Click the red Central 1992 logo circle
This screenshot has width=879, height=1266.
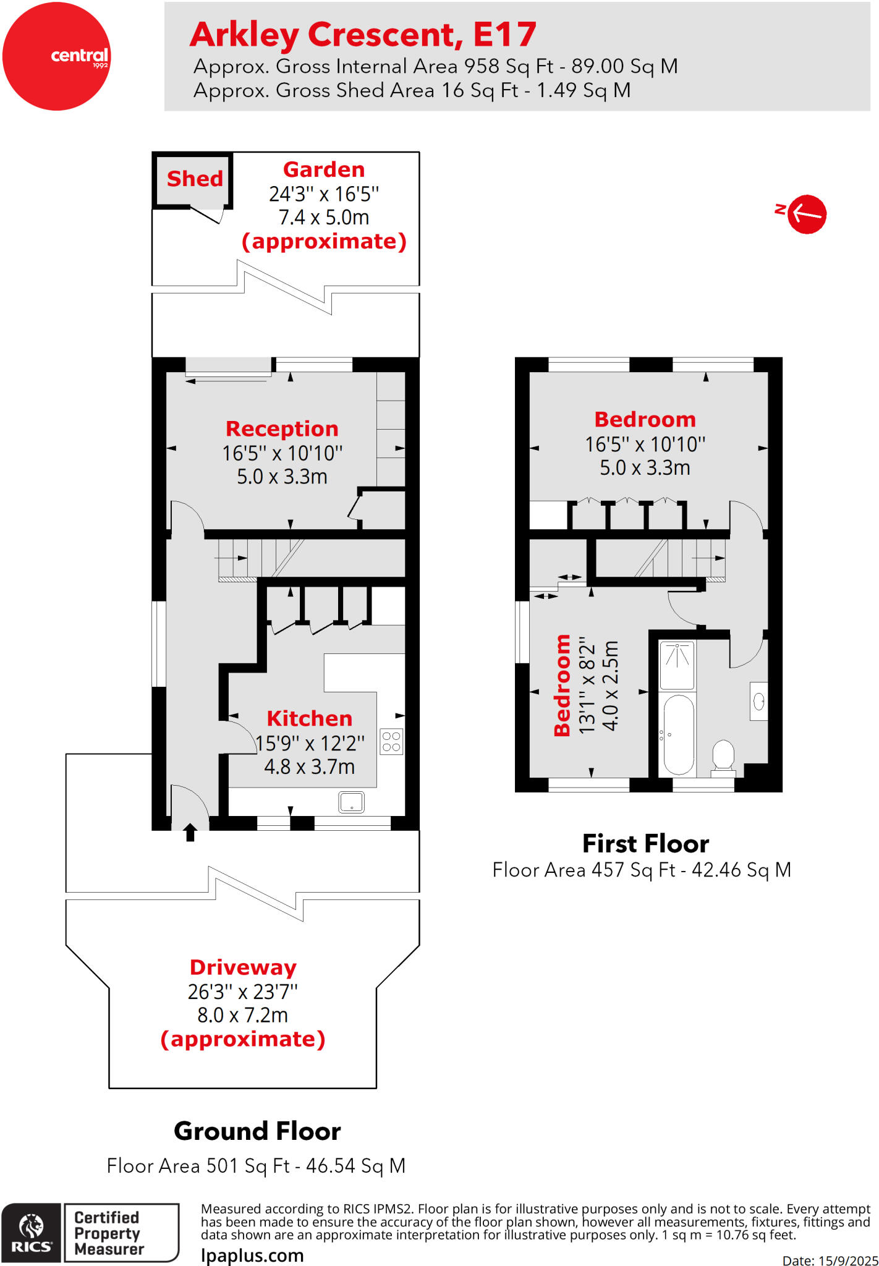tap(56, 56)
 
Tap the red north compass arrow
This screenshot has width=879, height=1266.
tap(806, 214)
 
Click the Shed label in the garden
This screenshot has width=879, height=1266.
tap(195, 179)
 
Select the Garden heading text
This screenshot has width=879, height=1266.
tap(323, 169)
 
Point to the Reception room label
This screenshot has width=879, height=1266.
tap(282, 428)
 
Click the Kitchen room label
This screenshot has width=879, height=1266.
tap(309, 718)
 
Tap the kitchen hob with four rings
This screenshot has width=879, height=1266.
tap(391, 742)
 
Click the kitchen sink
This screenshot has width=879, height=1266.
tap(351, 802)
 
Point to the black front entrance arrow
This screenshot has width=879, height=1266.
tap(190, 832)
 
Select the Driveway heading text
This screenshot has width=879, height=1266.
tap(243, 967)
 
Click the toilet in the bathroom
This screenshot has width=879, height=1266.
tap(723, 757)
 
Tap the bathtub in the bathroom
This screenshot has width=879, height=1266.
tap(678, 734)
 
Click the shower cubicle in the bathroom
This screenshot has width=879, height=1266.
tap(677, 665)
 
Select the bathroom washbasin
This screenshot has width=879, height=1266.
tap(759, 701)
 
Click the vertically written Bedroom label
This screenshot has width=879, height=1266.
tap(562, 685)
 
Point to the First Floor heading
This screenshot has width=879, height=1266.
tap(645, 843)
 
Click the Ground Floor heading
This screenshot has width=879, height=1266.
tap(257, 1131)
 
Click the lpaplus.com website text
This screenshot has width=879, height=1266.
tap(252, 1255)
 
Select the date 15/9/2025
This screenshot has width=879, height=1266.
tap(848, 1260)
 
